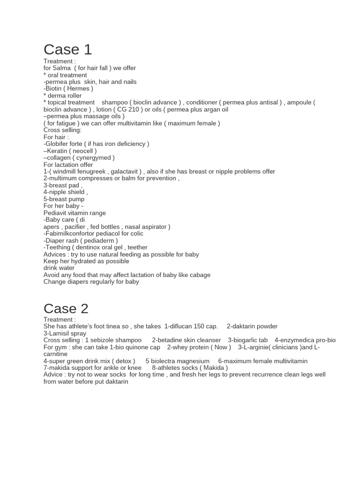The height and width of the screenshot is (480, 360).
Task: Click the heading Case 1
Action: (67, 49)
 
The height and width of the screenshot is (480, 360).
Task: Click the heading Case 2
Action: (66, 308)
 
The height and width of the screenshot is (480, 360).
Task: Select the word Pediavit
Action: (56, 213)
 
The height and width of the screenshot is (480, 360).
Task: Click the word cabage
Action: (199, 275)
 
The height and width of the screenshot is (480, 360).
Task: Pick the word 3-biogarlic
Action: (245, 340)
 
